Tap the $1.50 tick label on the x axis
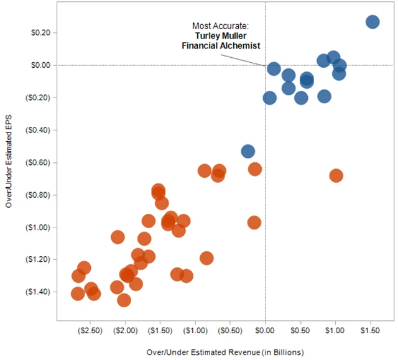[371, 333]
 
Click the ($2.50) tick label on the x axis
[91, 333]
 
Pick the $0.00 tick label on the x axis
[266, 333]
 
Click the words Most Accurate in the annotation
[220, 26]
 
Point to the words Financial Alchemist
[225, 45]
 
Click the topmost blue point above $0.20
[373, 22]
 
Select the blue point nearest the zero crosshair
[274, 69]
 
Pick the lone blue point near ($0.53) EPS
[248, 151]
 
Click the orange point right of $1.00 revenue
[336, 176]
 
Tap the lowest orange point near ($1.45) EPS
[124, 300]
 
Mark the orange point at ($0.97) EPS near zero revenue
[254, 223]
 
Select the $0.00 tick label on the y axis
[40, 65]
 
